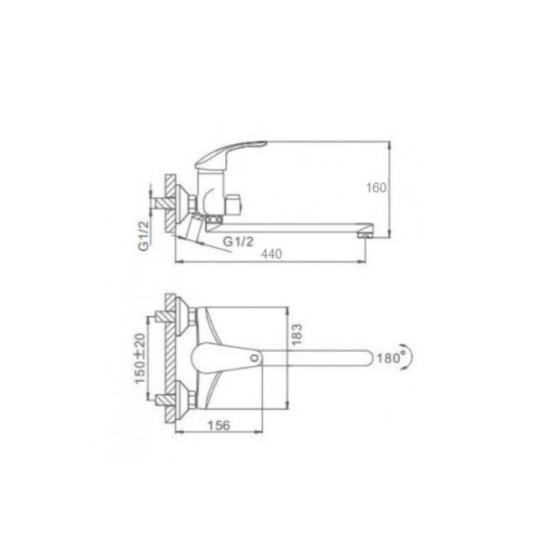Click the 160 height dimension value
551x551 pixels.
[376, 188]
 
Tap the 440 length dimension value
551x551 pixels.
[272, 253]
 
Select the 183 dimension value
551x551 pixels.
[297, 335]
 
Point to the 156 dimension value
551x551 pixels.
[219, 426]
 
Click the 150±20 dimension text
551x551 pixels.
[140, 358]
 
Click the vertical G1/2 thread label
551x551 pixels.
[144, 236]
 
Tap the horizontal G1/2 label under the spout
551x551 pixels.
[239, 242]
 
